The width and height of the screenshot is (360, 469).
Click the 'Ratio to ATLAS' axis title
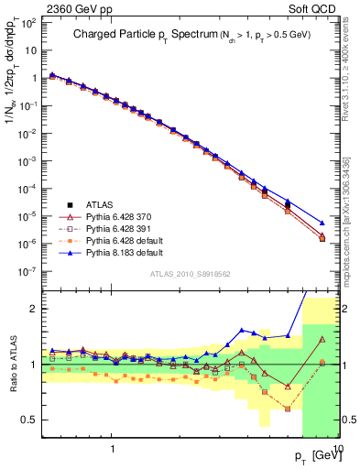[12, 365]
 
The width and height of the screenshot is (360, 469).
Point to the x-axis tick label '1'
[112, 449]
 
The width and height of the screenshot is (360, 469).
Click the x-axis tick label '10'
[335, 449]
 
